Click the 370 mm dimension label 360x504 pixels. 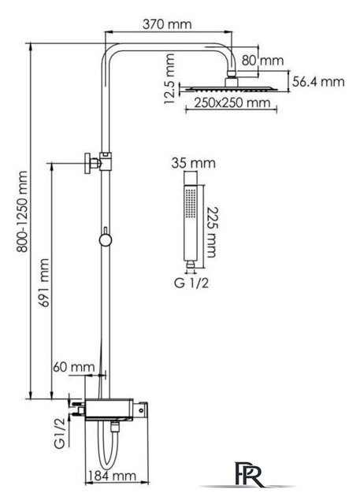click(167, 24)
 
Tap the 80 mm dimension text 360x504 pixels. click(262, 61)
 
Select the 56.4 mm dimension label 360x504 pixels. click(318, 82)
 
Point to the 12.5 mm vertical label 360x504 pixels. click(169, 79)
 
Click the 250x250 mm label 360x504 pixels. click(232, 103)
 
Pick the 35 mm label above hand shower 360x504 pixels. click(193, 163)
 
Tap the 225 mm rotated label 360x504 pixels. click(212, 232)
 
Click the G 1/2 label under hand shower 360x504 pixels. click(191, 283)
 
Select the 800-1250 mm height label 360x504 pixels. click(23, 212)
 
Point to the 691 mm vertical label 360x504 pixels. click(44, 283)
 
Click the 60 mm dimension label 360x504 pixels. click(73, 367)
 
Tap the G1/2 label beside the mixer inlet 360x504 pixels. click(60, 432)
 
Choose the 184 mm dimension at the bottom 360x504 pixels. click(112, 476)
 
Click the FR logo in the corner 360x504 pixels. click(249, 474)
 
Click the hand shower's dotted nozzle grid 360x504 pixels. click(191, 203)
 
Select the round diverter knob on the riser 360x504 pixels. click(105, 239)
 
